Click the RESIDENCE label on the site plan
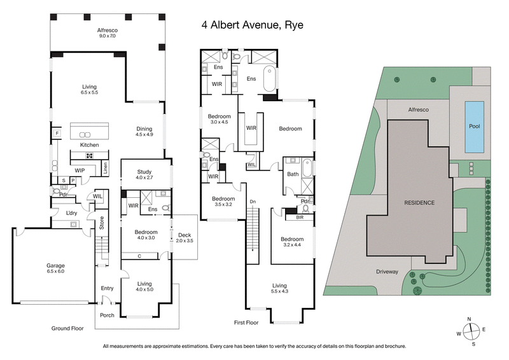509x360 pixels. pos(419,203)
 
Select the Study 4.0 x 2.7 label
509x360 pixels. pos(145,175)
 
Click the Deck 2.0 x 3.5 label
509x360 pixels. pos(185,239)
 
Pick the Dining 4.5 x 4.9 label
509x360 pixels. pos(144,130)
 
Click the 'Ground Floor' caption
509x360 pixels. pos(68,328)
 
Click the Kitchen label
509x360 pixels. pos(89,145)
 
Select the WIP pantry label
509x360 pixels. pos(80,170)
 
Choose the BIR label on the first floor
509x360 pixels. pos(299,217)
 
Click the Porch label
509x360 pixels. pos(106,314)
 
